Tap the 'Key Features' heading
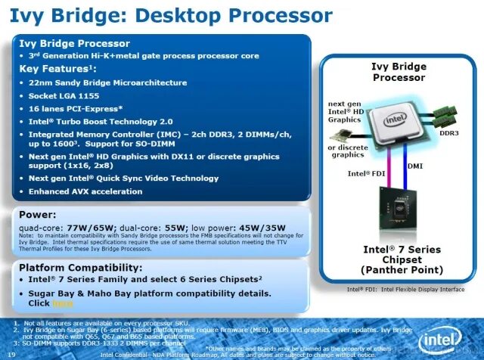point(55,68)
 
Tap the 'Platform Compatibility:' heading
point(80,268)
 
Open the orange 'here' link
point(62,303)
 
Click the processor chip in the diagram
point(394,124)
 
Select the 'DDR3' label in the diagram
point(449,132)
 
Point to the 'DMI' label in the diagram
point(416,165)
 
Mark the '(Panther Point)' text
point(401,269)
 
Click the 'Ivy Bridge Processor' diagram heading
point(399,72)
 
